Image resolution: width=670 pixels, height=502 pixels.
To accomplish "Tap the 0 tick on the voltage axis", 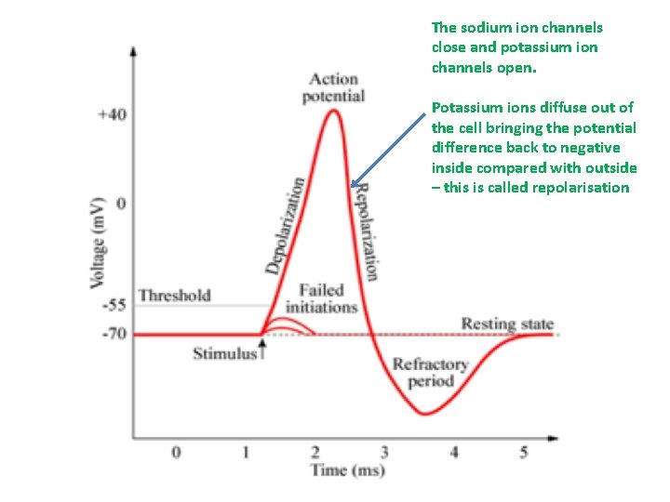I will (x=119, y=204).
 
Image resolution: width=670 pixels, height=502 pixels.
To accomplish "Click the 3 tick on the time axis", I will (x=384, y=452).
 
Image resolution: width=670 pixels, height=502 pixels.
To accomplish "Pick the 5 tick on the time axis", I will (x=524, y=452).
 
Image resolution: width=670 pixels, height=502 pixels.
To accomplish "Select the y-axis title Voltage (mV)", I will (x=97, y=242).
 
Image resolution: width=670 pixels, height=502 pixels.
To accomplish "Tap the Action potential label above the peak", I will (x=333, y=87).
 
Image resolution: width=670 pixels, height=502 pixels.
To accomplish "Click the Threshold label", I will (x=174, y=296).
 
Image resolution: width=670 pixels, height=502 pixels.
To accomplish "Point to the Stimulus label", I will (x=223, y=353).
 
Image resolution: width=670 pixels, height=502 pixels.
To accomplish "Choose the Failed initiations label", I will (x=321, y=298).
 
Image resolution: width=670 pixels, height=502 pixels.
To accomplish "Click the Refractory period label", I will (x=430, y=372).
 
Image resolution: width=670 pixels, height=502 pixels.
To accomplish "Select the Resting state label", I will (x=507, y=324).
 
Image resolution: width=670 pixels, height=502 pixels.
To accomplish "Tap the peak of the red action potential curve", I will (x=332, y=112).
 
